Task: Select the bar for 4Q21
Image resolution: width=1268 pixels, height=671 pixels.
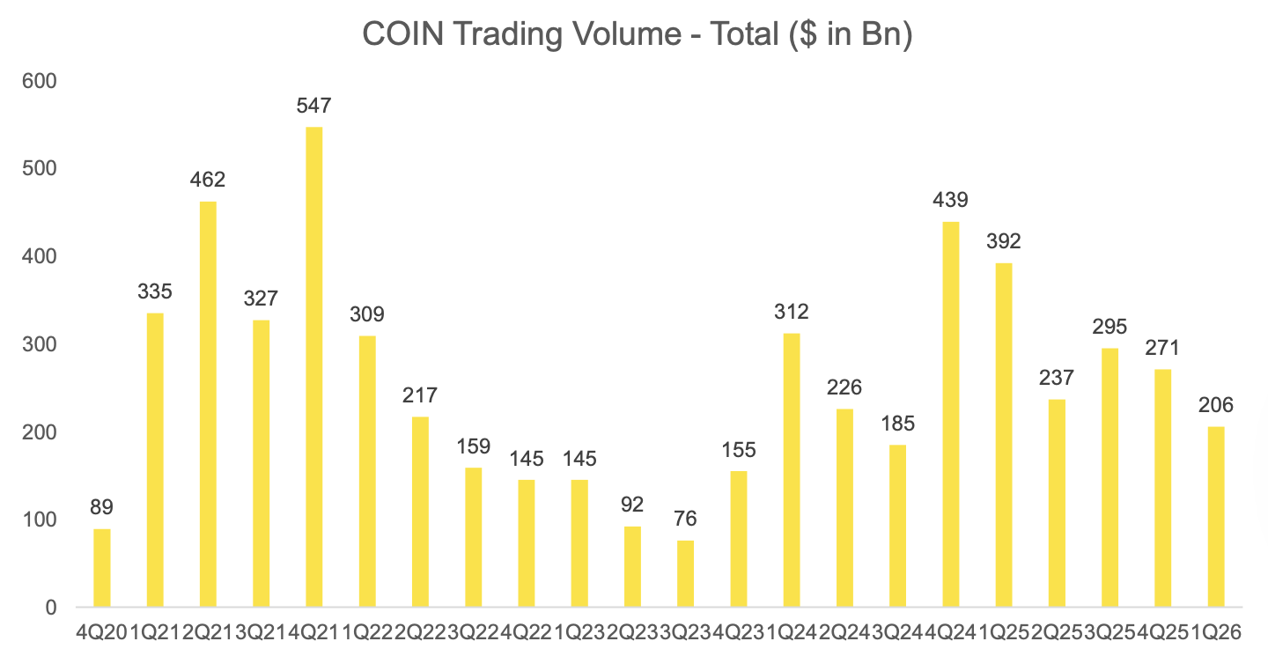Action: coord(313,367)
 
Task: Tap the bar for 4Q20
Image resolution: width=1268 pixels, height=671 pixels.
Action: coord(101,568)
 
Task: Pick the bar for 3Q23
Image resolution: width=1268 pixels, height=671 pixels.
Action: coord(685,574)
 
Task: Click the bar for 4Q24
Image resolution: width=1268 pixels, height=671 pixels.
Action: coord(950,414)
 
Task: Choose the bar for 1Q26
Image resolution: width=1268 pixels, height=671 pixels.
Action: coord(1215,517)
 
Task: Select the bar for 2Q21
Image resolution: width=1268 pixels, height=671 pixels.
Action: coord(208,404)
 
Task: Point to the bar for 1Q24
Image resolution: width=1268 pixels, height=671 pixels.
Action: coord(791,470)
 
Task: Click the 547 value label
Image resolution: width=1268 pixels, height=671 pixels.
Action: coord(313,107)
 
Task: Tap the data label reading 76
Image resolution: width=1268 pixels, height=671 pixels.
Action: coord(685,520)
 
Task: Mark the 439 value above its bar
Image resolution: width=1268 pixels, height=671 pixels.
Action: coord(950,200)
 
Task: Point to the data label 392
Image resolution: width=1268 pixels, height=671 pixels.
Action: coord(1003,241)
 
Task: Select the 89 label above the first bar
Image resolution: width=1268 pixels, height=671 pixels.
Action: coord(101,507)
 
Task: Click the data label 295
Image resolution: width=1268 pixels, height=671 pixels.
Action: coord(1109,327)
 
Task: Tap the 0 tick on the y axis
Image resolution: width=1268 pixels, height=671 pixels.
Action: coord(50,608)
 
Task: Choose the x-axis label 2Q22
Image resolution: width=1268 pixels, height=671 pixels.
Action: coord(420,631)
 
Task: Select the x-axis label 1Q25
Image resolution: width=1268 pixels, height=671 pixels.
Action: coord(1003,631)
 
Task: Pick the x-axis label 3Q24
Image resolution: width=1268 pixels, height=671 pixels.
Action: coord(897,631)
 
